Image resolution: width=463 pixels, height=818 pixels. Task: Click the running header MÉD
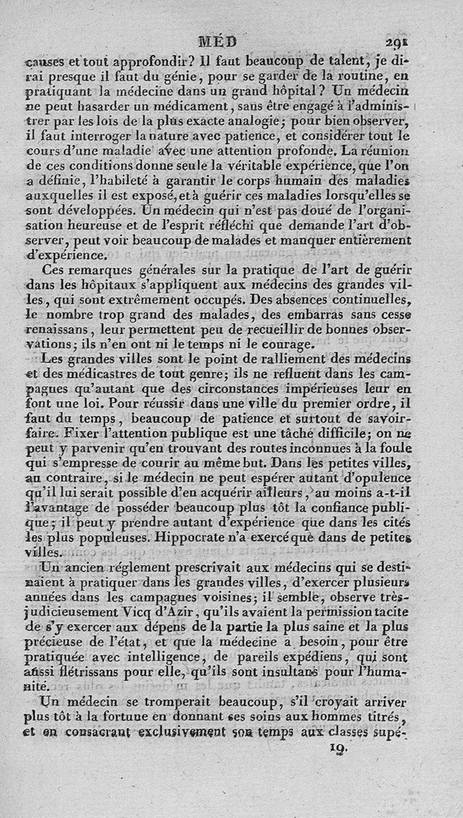pos(218,41)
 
